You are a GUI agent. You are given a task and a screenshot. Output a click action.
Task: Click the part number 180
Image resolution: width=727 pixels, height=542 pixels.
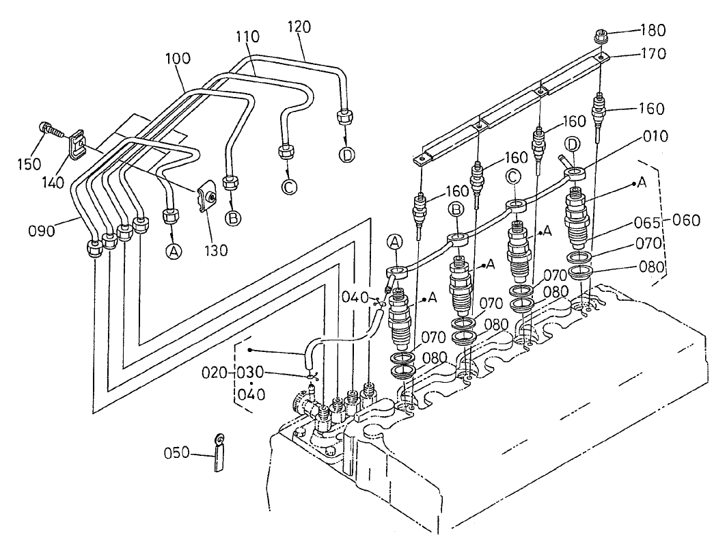(653, 30)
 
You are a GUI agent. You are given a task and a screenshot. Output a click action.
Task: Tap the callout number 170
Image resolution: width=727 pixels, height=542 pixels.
(653, 53)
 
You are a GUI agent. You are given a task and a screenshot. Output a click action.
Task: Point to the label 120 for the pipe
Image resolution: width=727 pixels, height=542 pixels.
(299, 27)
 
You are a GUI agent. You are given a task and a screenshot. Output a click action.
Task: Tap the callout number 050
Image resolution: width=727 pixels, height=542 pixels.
(176, 452)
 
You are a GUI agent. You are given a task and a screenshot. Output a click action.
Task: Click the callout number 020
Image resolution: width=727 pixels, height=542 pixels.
(214, 372)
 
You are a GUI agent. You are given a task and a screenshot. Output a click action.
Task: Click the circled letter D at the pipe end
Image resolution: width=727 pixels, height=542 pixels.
(347, 155)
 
